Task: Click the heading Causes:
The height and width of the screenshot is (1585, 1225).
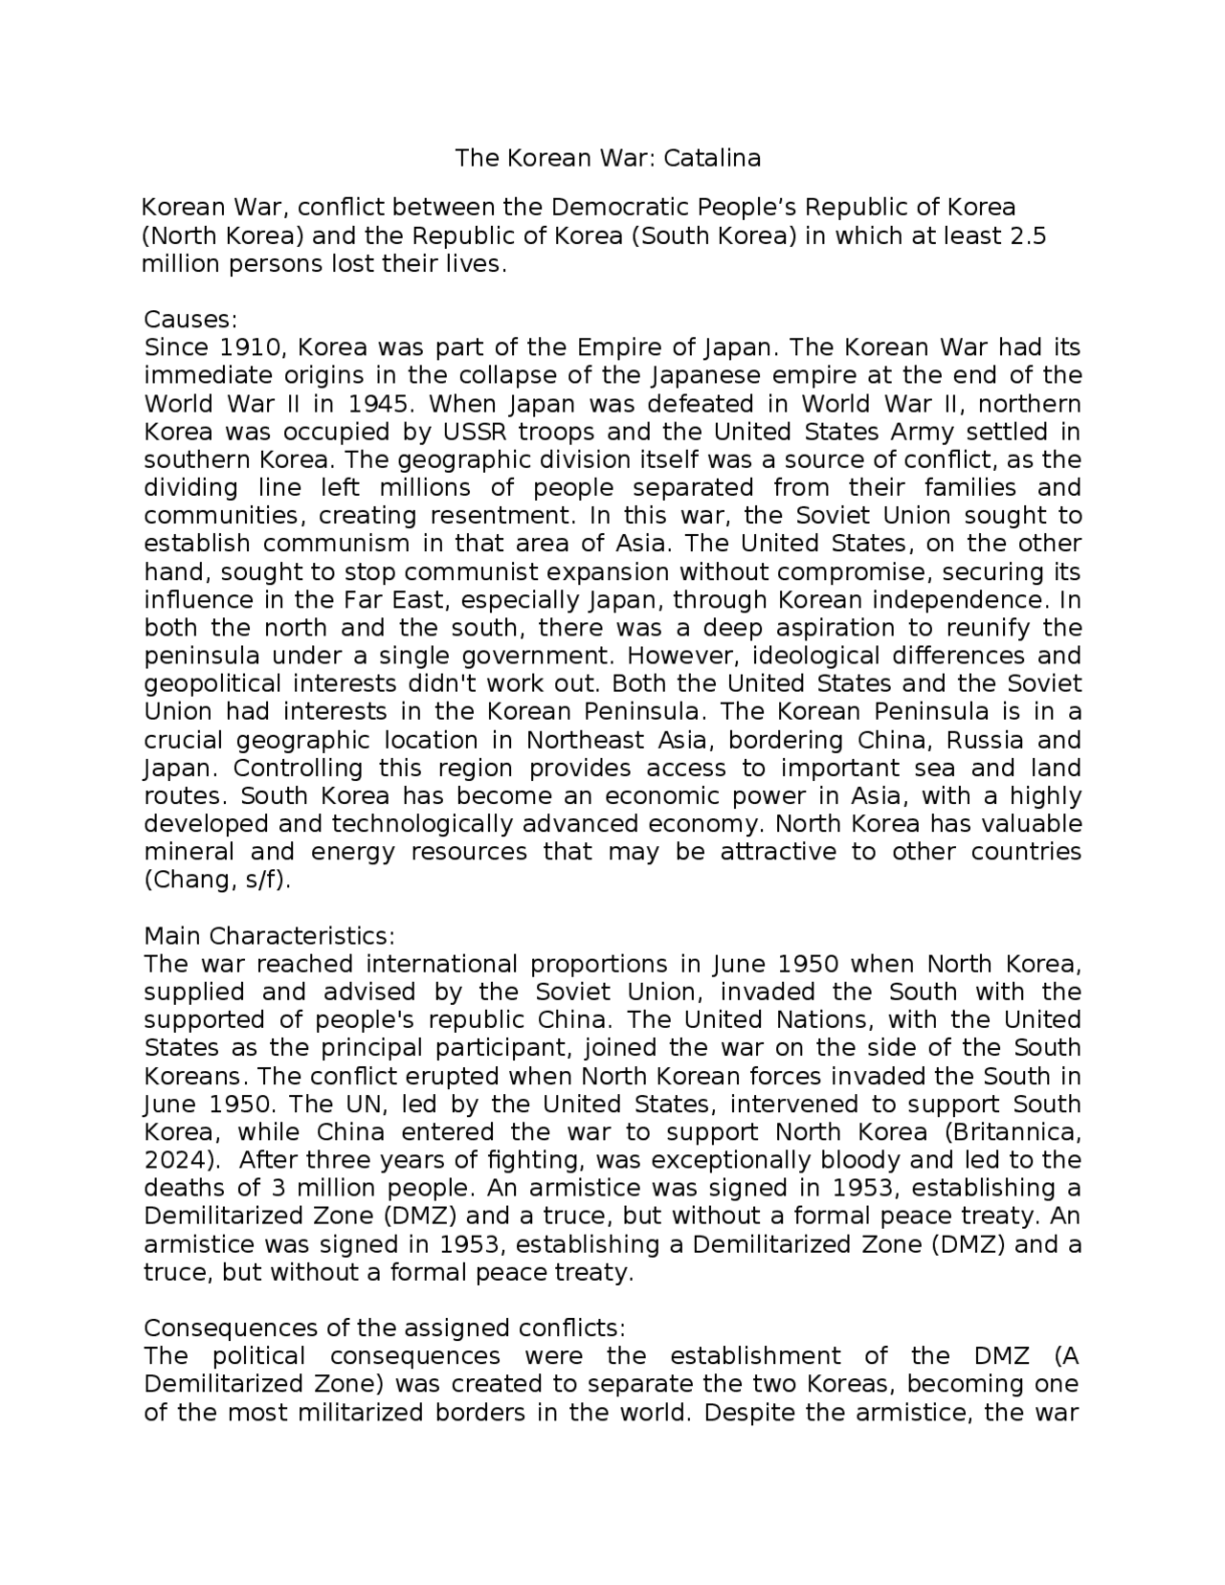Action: coord(189,319)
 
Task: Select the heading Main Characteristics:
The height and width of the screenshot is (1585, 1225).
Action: coord(269,935)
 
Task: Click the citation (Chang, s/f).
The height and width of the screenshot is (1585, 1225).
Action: coord(216,880)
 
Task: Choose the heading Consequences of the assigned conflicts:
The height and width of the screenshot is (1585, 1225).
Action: coord(384,1328)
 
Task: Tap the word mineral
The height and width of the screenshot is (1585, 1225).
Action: coord(188,852)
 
